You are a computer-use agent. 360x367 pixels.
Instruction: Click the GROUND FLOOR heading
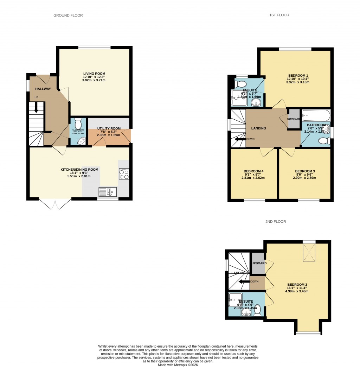(x=68, y=15)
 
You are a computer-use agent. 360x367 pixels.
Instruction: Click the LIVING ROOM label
(x=94, y=74)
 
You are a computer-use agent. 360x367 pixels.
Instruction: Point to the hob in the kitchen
(x=124, y=174)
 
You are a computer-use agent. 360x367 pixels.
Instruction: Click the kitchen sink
(x=108, y=192)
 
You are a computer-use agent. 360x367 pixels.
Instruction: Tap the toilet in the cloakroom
(x=78, y=124)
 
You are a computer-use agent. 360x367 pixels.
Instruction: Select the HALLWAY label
(x=43, y=89)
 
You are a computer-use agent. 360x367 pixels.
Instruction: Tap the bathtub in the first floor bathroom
(x=316, y=115)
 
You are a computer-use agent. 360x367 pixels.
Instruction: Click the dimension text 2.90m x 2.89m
(x=304, y=178)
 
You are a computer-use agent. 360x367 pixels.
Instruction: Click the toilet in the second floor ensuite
(x=258, y=310)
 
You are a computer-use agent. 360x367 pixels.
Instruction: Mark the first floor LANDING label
(x=258, y=128)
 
